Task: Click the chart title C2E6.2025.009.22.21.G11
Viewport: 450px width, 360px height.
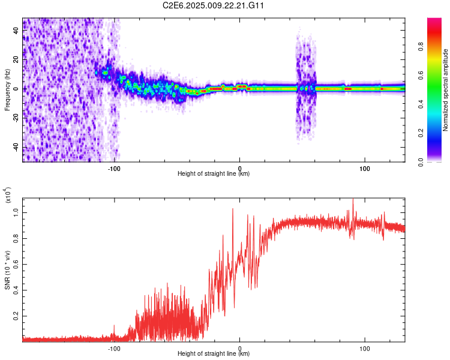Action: (214, 5)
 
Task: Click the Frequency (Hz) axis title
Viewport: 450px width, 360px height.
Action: (7, 89)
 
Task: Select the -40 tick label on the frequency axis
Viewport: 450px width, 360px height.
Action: (14, 147)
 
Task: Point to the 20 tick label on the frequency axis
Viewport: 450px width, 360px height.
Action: (16, 60)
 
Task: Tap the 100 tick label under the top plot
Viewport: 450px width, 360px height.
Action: (364, 168)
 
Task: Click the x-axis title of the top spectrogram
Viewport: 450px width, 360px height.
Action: (214, 174)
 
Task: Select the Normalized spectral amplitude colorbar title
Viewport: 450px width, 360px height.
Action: (446, 89)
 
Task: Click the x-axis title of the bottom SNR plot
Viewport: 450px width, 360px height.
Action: (214, 354)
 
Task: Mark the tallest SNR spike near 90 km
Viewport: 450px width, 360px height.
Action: (353, 199)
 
